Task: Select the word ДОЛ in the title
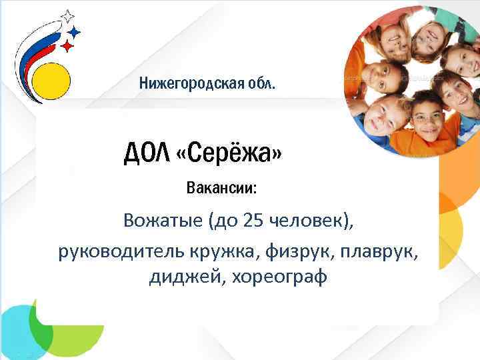coord(146,155)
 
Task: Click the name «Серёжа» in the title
coord(229,155)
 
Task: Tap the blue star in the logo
coord(75,31)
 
